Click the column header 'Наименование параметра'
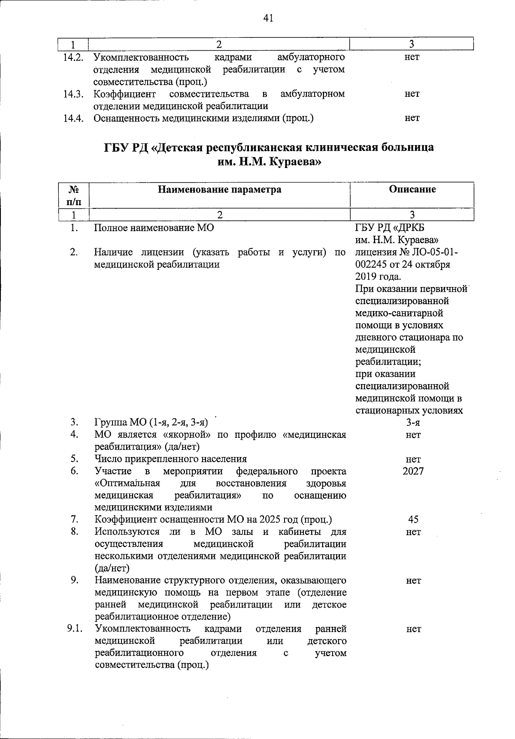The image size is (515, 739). [x=220, y=189]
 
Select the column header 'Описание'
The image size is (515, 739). [x=412, y=189]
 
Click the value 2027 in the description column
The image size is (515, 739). [x=413, y=471]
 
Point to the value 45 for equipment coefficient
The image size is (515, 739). [x=413, y=519]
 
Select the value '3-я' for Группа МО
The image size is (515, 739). [x=413, y=422]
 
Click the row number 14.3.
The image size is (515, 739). [x=73, y=94]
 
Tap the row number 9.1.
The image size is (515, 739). [x=74, y=629]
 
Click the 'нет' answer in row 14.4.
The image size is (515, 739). [x=412, y=118]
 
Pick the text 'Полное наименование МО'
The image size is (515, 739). [x=154, y=228]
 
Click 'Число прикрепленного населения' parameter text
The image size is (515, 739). [x=170, y=459]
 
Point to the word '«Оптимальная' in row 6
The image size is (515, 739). [x=127, y=483]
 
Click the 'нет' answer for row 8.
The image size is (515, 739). [x=413, y=532]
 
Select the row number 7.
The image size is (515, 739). [x=74, y=519]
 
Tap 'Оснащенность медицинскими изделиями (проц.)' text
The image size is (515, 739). [x=203, y=118]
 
